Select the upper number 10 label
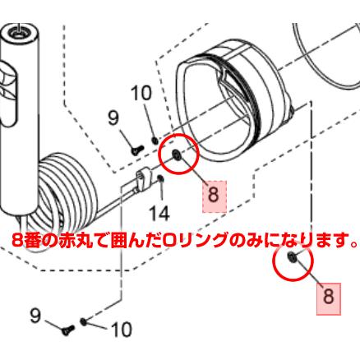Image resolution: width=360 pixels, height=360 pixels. [x=142, y=93]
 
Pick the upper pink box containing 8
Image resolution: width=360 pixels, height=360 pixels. [x=213, y=195]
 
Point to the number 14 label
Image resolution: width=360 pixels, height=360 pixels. [x=159, y=212]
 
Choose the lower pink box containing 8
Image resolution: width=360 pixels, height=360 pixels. [x=328, y=297]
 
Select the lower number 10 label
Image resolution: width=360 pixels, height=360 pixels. [x=120, y=330]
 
